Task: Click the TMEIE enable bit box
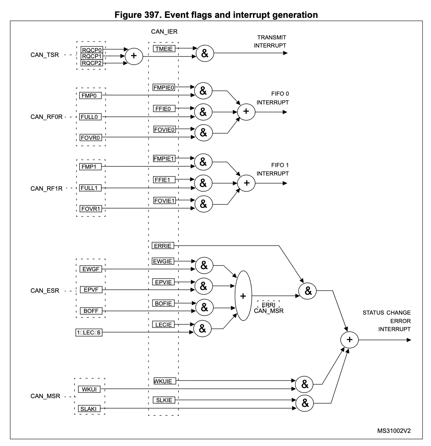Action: (164, 49)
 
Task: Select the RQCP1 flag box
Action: (91, 56)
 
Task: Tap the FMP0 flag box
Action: (89, 96)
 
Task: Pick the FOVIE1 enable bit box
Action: (165, 201)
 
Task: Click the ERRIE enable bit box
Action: (163, 246)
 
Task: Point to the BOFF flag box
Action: (91, 311)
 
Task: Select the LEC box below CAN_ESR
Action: (89, 333)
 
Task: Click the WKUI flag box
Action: (89, 389)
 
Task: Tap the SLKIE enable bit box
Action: (164, 400)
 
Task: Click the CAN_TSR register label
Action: (45, 55)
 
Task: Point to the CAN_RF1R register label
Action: (47, 188)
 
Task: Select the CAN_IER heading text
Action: (164, 32)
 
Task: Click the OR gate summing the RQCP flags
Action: (134, 56)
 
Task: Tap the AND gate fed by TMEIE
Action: (205, 53)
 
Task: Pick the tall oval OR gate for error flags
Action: (243, 296)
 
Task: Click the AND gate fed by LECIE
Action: (202, 328)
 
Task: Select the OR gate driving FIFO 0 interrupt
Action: (246, 112)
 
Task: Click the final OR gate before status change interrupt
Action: (349, 340)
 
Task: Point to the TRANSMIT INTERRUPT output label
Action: (270, 41)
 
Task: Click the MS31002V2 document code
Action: (394, 431)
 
